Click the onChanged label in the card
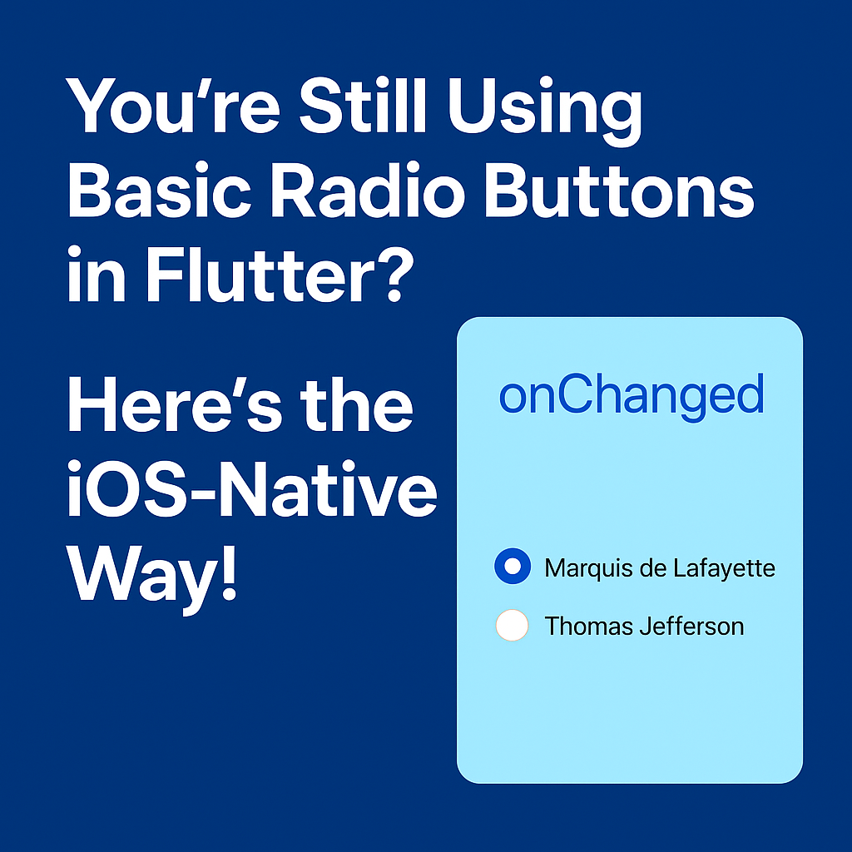point(631,396)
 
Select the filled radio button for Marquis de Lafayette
point(513,567)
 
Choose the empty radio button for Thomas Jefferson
point(512,625)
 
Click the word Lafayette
point(726,569)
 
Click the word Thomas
point(587,626)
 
